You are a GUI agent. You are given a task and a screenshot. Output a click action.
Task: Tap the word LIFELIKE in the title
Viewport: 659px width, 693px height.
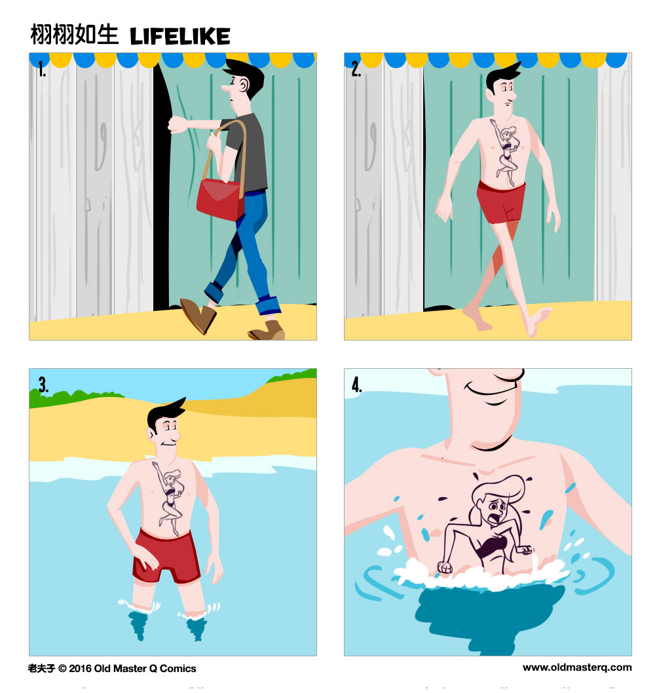tap(180, 36)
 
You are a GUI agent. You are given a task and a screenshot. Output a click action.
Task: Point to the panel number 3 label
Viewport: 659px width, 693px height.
tap(43, 385)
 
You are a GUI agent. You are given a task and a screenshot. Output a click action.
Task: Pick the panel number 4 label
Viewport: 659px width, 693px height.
tap(357, 385)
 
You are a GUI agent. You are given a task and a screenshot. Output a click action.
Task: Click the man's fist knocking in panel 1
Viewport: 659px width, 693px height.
tap(176, 124)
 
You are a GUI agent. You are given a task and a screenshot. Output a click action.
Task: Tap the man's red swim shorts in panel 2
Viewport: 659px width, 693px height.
tap(500, 202)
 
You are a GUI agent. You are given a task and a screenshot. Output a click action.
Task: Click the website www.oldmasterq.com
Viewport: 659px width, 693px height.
tap(577, 667)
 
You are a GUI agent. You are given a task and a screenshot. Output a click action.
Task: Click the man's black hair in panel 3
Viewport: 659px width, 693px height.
tap(164, 413)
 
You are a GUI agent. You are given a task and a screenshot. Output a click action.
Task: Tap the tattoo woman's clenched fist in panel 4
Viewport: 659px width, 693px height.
tap(446, 567)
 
